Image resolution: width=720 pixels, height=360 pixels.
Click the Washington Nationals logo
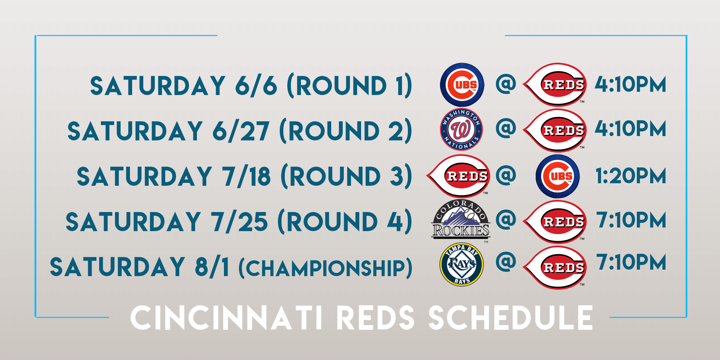[462, 129]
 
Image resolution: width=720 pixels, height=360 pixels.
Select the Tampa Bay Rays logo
[462, 265]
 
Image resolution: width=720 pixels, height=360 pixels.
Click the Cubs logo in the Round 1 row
[462, 85]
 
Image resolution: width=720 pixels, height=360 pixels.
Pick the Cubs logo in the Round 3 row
[558, 176]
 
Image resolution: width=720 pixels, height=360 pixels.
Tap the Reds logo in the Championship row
[555, 267]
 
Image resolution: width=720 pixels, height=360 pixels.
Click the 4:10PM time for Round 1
[630, 85]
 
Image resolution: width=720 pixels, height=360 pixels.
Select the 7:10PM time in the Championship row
[631, 262]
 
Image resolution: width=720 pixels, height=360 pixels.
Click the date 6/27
[240, 131]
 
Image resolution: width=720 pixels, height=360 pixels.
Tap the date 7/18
[246, 176]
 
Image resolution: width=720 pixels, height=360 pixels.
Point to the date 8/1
[212, 267]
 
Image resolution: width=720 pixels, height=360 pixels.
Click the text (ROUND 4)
[345, 221]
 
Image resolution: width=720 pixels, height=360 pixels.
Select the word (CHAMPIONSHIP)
[325, 268]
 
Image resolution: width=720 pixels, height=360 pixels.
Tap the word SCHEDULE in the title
[510, 318]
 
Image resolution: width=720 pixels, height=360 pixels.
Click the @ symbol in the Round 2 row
[506, 129]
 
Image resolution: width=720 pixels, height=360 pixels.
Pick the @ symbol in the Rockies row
[506, 219]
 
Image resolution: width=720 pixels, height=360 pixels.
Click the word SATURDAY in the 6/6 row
[158, 86]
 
